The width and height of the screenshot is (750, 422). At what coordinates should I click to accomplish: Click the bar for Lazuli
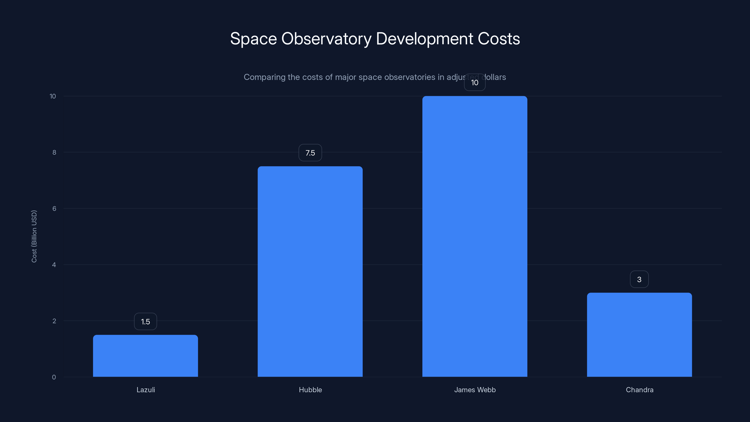coord(145,356)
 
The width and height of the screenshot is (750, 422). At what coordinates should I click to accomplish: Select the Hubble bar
coord(310,271)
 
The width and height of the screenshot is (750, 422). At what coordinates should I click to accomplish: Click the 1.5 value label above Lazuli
coord(145,321)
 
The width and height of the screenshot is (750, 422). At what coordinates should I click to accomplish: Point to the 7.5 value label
coord(310,153)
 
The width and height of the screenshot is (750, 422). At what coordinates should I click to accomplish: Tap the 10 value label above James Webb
coord(475,83)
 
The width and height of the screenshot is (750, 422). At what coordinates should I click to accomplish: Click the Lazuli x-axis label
coord(146,390)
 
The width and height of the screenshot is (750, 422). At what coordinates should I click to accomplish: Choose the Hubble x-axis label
coord(310,390)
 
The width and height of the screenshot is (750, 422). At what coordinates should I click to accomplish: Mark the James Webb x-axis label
coord(475,390)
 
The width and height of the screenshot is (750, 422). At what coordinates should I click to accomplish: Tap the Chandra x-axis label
coord(639,390)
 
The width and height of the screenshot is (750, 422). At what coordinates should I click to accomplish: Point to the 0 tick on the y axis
coord(54,377)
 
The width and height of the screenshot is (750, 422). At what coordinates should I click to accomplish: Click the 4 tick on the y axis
coord(54,265)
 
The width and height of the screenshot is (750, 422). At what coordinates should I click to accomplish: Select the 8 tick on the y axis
coord(54,152)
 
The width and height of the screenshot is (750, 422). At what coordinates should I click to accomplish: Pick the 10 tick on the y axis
coord(53,96)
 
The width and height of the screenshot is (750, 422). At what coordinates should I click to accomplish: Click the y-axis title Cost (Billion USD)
coord(34,236)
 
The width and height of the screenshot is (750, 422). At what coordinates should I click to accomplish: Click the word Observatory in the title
coord(326,39)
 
